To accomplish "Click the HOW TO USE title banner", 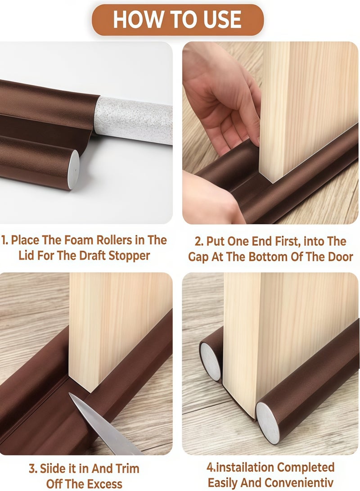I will pos(178,20).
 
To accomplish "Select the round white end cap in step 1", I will pos(73,163).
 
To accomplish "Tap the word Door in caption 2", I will pos(339,257).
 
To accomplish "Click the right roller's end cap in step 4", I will pos(268,422).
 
